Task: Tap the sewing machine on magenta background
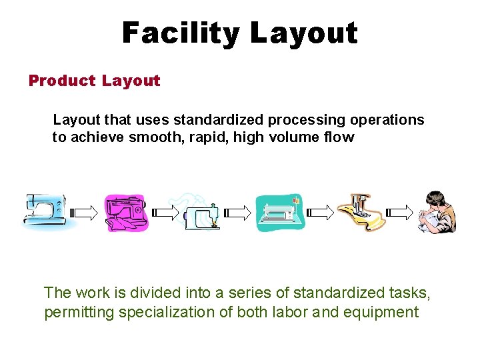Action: [127, 213]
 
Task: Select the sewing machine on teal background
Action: [280, 213]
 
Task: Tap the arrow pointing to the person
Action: [400, 213]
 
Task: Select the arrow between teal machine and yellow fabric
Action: [320, 213]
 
